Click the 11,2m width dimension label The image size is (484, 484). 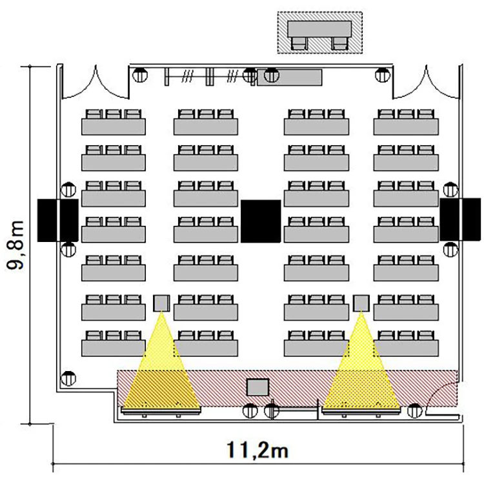tap(257, 450)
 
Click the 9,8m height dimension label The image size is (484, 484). tap(15, 245)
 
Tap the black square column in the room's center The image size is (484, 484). tap(261, 221)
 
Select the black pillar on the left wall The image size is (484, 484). tap(57, 220)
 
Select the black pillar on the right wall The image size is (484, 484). tap(460, 219)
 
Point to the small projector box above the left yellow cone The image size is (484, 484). tap(161, 303)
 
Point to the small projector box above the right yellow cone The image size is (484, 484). tap(361, 303)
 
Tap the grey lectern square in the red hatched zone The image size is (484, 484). tap(257, 387)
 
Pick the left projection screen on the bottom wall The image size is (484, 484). tap(161, 411)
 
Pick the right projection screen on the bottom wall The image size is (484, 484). tap(361, 411)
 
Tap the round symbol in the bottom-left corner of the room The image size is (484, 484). tap(68, 378)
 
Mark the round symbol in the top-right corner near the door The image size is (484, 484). tap(383, 75)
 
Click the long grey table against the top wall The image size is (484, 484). tap(290, 77)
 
